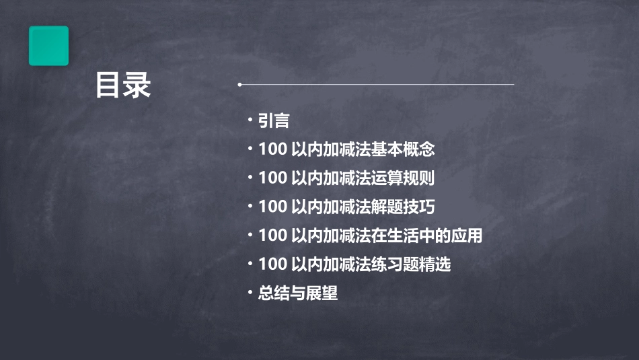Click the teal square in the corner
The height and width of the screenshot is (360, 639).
[48, 46]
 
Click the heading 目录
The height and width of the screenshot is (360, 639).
[123, 85]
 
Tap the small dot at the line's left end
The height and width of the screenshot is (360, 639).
[239, 85]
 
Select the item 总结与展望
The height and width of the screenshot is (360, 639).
[297, 293]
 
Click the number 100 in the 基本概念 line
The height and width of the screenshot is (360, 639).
[272, 149]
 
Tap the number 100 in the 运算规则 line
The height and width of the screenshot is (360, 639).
[272, 178]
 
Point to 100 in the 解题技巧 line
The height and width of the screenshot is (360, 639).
[272, 207]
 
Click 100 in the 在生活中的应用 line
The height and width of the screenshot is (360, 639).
[272, 236]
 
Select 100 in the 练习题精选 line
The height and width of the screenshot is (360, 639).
[272, 264]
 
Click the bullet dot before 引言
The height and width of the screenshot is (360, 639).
[250, 120]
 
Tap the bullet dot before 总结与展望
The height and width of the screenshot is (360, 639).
[250, 293]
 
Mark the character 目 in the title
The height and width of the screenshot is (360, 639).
[108, 85]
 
